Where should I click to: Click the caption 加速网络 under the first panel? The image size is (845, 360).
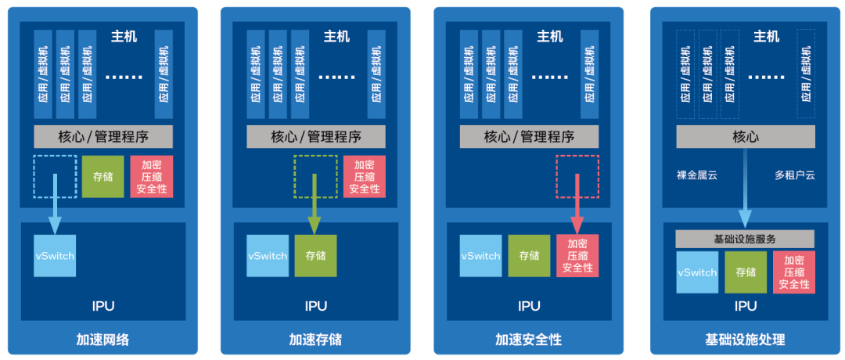(x=102, y=340)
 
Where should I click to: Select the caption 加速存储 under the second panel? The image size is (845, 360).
(x=315, y=340)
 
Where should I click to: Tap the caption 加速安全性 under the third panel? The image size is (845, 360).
(x=528, y=340)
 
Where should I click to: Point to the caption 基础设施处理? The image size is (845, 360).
(x=745, y=340)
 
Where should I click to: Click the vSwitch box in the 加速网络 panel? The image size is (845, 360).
(x=55, y=256)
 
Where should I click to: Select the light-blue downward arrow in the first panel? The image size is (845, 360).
(x=55, y=207)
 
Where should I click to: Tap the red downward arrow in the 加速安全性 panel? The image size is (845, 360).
(x=577, y=207)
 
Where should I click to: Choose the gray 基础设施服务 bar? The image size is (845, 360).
(x=745, y=239)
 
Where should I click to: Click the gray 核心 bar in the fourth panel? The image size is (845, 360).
(x=745, y=136)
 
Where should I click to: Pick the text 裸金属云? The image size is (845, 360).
(x=696, y=175)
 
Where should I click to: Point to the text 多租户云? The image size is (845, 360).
(x=794, y=175)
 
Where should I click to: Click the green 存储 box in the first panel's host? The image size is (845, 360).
(x=102, y=176)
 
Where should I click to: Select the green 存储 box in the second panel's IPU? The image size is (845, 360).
(x=315, y=256)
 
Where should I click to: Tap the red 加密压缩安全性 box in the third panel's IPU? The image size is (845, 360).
(x=577, y=256)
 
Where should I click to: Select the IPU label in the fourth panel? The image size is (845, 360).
(x=745, y=306)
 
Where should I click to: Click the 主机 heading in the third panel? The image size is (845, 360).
(x=549, y=37)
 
